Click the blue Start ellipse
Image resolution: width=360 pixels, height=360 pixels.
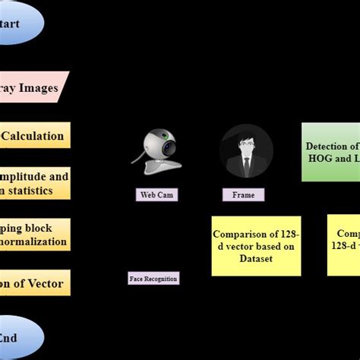pos(19,23)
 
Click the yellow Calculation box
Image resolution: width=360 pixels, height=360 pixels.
pos(34,136)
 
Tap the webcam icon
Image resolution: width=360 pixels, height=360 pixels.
pos(159,152)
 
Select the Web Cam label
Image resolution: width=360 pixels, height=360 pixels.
pos(157,195)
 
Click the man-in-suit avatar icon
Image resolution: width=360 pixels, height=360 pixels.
pos(245,152)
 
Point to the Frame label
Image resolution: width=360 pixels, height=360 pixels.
pos(243,195)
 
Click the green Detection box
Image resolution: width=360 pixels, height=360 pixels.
pos(331,152)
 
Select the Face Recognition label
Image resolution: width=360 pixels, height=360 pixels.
pos(153,279)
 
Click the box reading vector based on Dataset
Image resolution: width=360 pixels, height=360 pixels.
pos(254,245)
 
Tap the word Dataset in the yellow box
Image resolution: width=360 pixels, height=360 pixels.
pos(254,258)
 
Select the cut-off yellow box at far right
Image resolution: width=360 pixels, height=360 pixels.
pos(343,245)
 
